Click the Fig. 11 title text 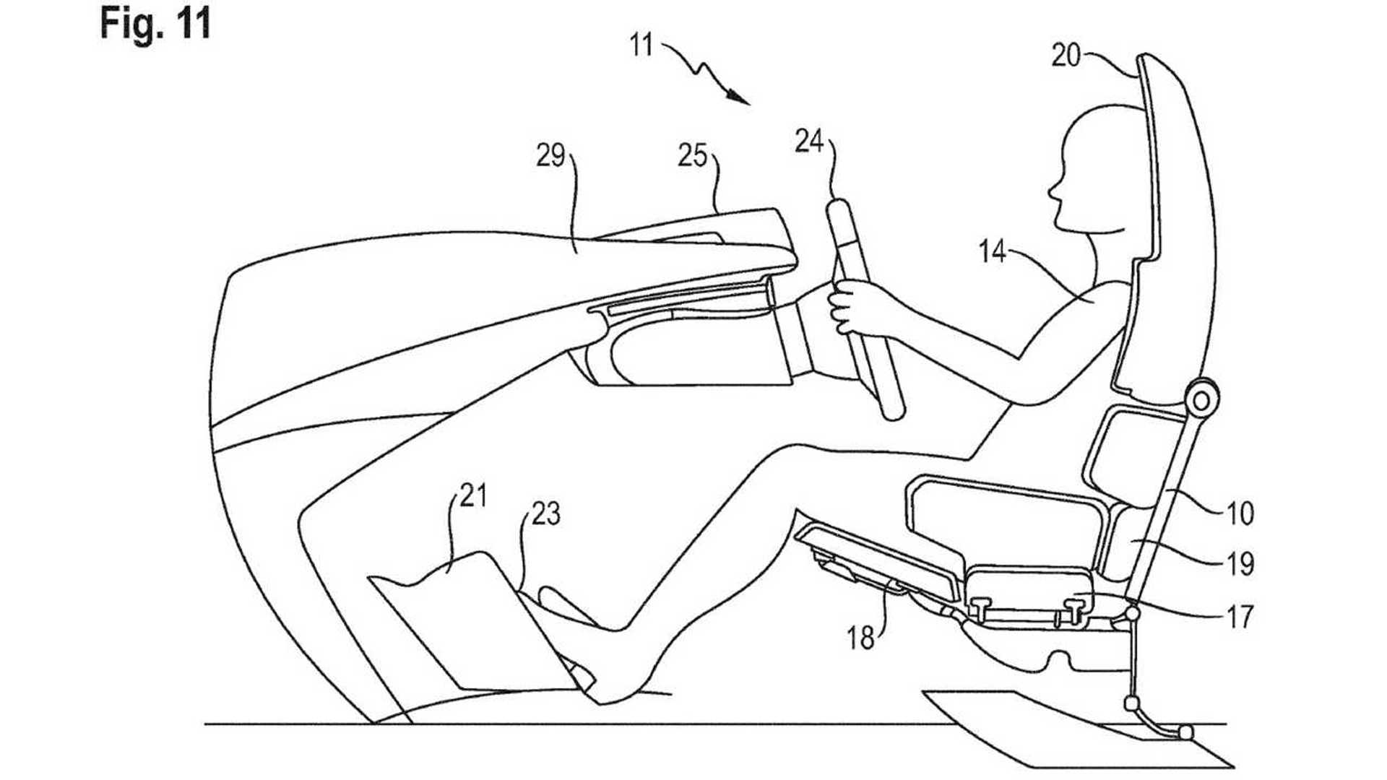pyautogui.click(x=155, y=23)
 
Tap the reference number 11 pyautogui.click(x=641, y=46)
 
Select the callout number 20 pyautogui.click(x=1066, y=56)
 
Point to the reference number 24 pyautogui.click(x=809, y=141)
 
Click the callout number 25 pyautogui.click(x=692, y=155)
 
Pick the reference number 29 pyautogui.click(x=550, y=155)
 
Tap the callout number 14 pyautogui.click(x=992, y=251)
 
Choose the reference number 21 pyautogui.click(x=473, y=496)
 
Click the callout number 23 pyautogui.click(x=545, y=514)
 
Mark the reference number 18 pyautogui.click(x=860, y=638)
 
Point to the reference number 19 pyautogui.click(x=1240, y=564)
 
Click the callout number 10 pyautogui.click(x=1240, y=513)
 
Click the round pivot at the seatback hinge pyautogui.click(x=1201, y=399)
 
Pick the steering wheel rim pyautogui.click(x=867, y=311)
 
